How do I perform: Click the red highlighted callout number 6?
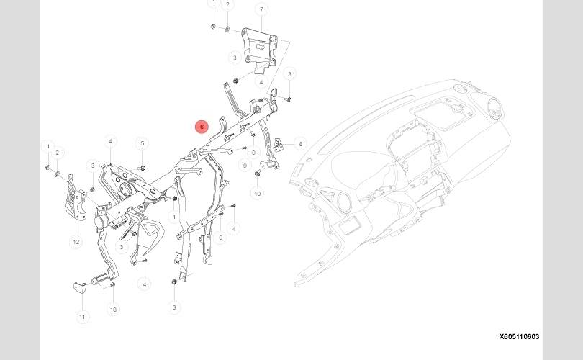tap(202, 127)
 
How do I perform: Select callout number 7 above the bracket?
tap(261, 9)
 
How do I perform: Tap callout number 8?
tap(301, 144)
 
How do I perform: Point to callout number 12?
tap(76, 242)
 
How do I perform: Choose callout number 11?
tap(82, 317)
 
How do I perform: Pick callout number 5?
tap(143, 143)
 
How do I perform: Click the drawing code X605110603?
tap(520, 336)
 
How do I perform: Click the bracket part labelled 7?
tap(259, 48)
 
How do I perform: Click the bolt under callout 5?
tap(142, 167)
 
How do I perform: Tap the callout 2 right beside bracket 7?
tap(228, 5)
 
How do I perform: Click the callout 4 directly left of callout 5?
tap(110, 141)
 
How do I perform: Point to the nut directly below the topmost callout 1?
tap(214, 27)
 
